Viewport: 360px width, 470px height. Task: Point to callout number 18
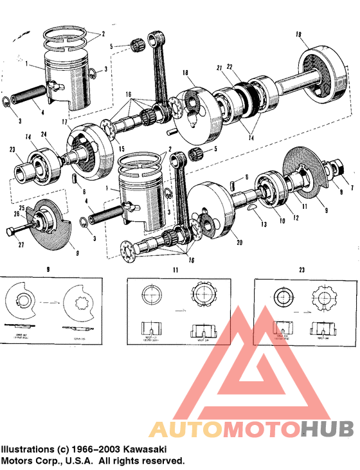[x=184, y=74]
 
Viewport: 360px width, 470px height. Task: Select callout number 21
[x=219, y=68]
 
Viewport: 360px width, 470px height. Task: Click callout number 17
[x=64, y=122]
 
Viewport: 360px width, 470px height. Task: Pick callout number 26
[x=16, y=214]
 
